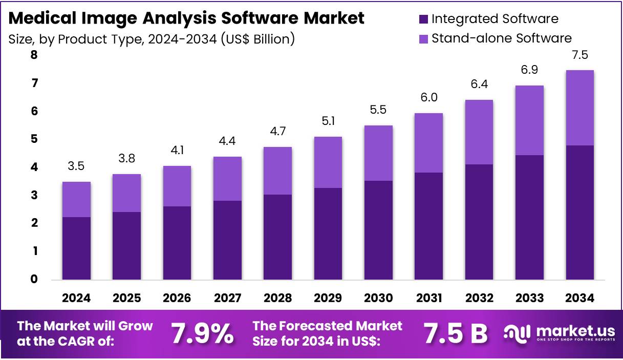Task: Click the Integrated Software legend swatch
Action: tap(423, 19)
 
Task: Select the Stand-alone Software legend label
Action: tap(502, 38)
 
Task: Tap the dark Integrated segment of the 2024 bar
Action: tap(77, 248)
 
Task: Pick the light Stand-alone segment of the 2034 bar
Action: tap(579, 108)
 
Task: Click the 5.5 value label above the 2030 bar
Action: tap(378, 110)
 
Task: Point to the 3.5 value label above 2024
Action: tap(77, 166)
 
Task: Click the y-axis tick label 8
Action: tap(34, 55)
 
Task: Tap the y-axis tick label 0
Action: tap(34, 279)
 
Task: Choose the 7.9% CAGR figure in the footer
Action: tap(202, 334)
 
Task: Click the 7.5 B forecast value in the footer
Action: tap(456, 334)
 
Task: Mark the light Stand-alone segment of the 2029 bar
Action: tap(328, 162)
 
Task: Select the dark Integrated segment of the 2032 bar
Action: tap(479, 222)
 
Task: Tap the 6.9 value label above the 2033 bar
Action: tap(529, 70)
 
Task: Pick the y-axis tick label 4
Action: tap(34, 167)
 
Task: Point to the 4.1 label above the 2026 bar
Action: tap(177, 151)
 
